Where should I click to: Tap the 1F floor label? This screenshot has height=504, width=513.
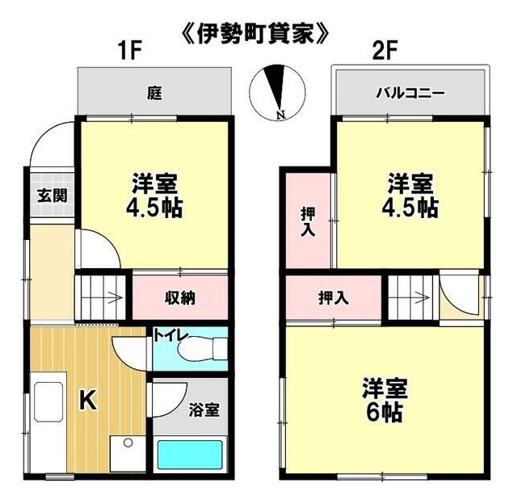[x=130, y=52]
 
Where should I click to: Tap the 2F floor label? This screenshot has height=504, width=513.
[x=385, y=52]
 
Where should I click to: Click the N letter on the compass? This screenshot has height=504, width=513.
[x=280, y=115]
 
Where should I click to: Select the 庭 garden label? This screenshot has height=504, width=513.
[x=154, y=93]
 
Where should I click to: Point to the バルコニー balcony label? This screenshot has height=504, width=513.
[x=410, y=94]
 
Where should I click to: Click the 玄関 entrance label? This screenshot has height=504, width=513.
[x=52, y=195]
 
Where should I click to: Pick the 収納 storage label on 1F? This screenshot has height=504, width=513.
[x=180, y=297]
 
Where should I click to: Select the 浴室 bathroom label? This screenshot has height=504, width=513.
[x=204, y=409]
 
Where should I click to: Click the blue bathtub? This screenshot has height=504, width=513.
[x=190, y=455]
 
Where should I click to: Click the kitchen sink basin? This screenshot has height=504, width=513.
[x=48, y=401]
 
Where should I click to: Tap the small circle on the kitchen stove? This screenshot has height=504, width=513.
[x=128, y=443]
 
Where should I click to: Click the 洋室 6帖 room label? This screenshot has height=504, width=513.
[x=385, y=401]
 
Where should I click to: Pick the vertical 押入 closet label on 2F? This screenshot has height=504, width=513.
[x=308, y=221]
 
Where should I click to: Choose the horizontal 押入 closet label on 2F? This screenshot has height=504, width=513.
[x=334, y=298]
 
